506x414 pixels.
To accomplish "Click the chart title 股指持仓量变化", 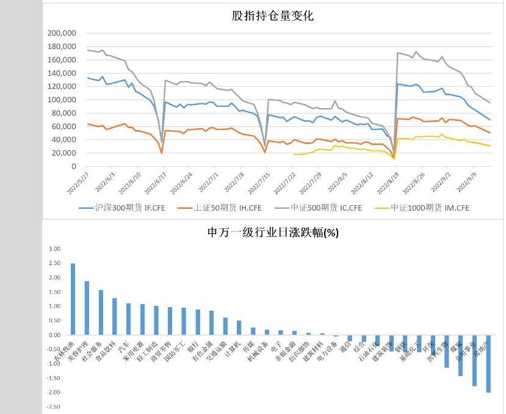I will point(272,16).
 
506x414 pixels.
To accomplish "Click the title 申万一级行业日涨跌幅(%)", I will point(273,233).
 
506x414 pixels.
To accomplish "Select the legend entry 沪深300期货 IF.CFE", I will point(122,208).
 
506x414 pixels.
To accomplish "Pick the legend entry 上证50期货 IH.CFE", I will point(220,208).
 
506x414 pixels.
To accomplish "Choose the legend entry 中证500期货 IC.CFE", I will point(319,208).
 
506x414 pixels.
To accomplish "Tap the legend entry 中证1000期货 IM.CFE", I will point(423,208).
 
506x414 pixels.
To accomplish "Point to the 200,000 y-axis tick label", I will point(62,33).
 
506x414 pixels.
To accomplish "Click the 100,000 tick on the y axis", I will point(62,100).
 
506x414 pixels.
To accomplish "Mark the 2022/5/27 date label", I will point(78,181).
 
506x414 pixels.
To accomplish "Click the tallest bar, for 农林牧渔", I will point(73,299).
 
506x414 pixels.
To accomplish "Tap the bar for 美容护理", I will point(87,308).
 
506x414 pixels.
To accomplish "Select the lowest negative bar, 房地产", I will point(488,363).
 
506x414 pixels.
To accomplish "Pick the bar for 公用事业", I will point(474,360).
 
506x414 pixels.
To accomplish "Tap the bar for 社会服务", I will point(101,313).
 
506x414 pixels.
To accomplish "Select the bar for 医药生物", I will point(447,351).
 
